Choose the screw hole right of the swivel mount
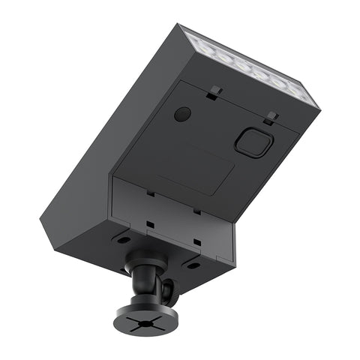pos(193,265)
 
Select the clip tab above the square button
pos(271,118)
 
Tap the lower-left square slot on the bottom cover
pos(150,224)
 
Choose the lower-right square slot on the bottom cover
pos(196,242)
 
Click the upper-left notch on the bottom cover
pos(151,193)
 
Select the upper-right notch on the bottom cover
pos(197,211)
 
